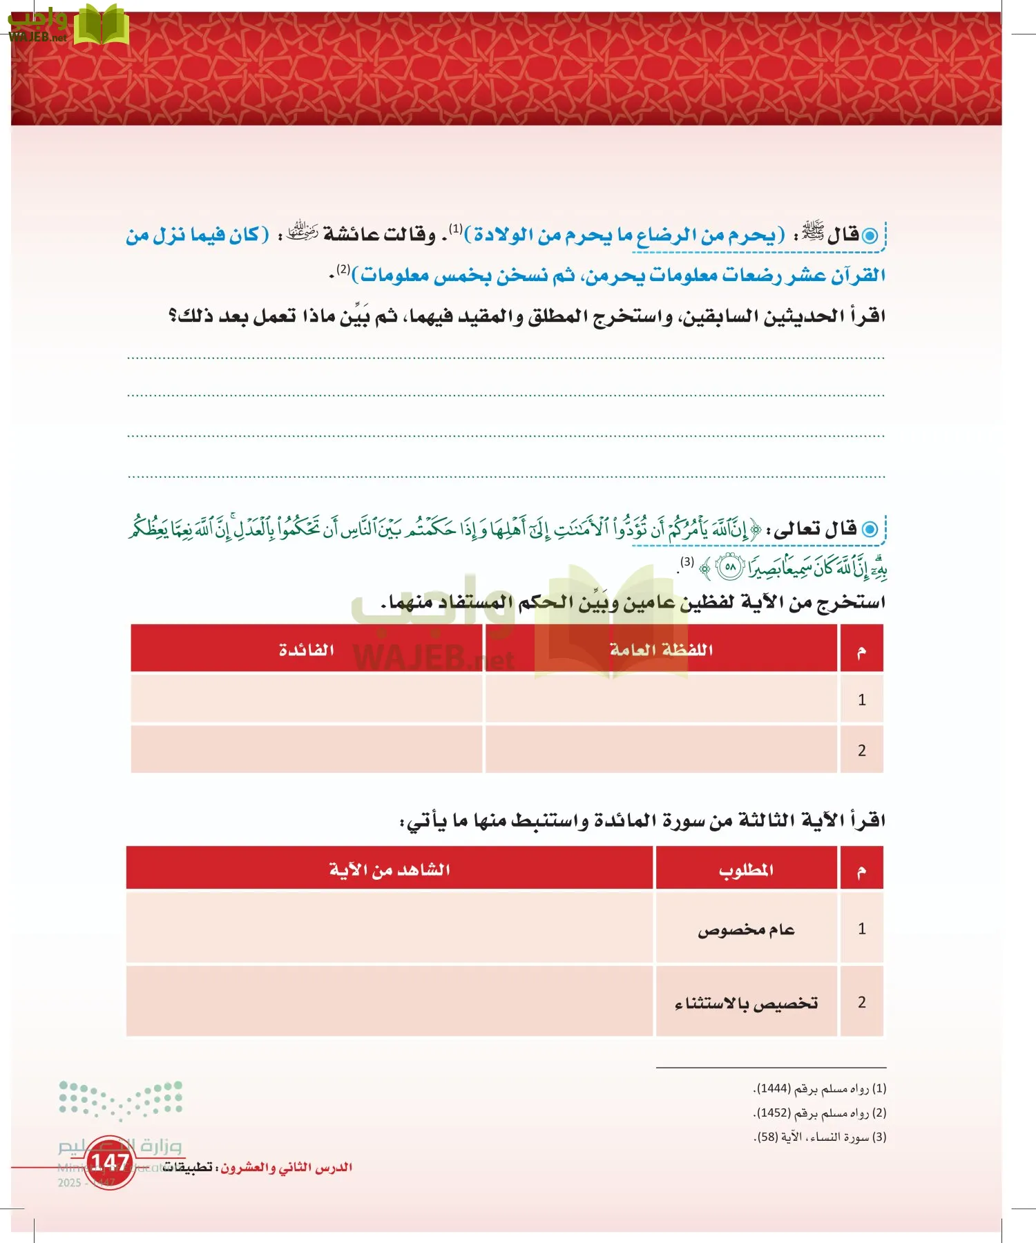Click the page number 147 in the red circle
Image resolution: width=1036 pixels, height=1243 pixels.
(111, 1162)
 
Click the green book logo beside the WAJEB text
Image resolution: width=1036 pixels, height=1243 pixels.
(101, 26)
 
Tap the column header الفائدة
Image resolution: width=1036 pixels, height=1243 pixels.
(307, 650)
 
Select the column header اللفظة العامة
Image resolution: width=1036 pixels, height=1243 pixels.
(661, 650)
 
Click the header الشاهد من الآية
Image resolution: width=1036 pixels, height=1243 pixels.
(390, 869)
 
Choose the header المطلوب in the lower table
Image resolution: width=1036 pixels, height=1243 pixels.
(746, 869)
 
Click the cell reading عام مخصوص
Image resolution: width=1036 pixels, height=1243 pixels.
(746, 929)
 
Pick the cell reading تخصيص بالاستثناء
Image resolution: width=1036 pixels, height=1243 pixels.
(746, 1003)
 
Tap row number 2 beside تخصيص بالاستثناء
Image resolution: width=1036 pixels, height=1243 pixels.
(861, 1003)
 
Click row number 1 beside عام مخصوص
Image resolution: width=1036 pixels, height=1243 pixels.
(861, 929)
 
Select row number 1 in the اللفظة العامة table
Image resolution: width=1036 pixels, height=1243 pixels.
(861, 700)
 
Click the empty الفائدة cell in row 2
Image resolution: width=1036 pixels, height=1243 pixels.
(307, 749)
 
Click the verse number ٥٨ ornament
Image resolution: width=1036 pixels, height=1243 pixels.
(730, 568)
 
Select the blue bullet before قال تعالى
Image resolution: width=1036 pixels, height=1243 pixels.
(870, 530)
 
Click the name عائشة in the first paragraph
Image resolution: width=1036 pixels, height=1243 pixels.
(351, 235)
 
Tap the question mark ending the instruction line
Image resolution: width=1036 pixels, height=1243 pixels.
(173, 316)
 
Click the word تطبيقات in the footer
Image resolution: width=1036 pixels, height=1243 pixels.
(187, 1168)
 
